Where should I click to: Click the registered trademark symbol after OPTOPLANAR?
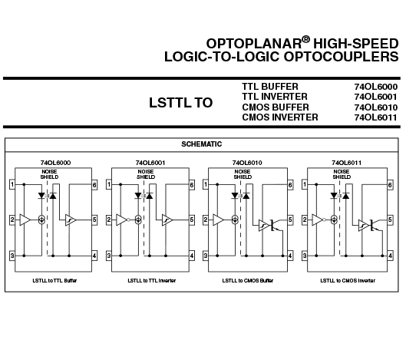(305, 39)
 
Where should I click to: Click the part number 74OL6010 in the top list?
(376, 107)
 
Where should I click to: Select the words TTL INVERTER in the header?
(275, 97)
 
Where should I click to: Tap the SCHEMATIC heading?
(201, 144)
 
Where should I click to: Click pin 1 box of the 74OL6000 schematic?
(12, 184)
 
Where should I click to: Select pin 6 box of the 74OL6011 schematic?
(390, 185)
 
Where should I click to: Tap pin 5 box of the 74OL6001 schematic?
(192, 220)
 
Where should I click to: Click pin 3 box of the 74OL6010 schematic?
(206, 256)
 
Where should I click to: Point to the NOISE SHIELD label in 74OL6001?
(146, 174)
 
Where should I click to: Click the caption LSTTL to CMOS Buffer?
(248, 280)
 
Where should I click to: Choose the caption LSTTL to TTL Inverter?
(152, 280)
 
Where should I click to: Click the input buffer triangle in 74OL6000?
(25, 220)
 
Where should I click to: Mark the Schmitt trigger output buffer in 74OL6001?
(167, 220)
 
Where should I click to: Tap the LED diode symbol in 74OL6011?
(334, 196)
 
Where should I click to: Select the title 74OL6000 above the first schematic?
(55, 163)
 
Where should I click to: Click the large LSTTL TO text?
(180, 103)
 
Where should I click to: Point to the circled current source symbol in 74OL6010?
(235, 220)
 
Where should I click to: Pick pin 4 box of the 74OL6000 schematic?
(94, 256)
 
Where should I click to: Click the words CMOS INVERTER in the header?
(280, 117)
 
